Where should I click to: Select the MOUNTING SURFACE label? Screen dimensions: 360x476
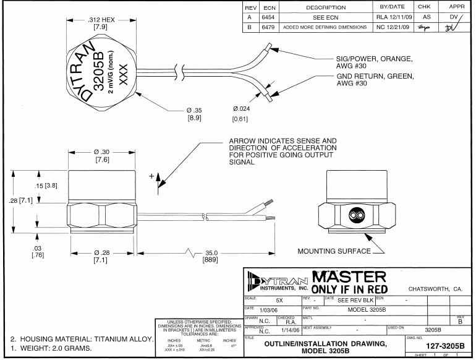[x=334, y=251]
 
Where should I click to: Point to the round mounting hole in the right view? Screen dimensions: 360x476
[x=355, y=216]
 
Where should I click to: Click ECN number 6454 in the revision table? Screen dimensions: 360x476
[x=269, y=17]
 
